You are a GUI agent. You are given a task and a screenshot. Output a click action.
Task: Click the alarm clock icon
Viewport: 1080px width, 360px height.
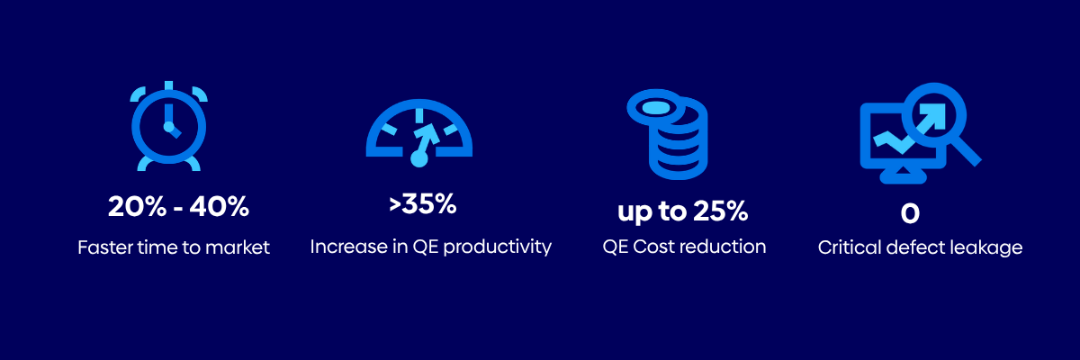169,126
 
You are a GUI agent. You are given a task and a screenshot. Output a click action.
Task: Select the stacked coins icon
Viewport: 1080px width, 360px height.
667,135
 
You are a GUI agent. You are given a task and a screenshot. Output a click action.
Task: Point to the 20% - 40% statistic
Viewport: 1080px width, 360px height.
178,207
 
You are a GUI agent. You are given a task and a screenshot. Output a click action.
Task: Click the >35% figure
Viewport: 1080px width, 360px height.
422,204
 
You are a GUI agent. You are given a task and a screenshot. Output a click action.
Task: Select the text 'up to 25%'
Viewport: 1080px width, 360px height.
683,211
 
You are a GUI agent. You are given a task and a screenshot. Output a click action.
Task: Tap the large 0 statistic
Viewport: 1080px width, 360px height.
910,213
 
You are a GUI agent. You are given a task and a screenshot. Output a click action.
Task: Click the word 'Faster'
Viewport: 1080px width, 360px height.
104,247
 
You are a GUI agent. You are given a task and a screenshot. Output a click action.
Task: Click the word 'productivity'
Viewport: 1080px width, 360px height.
497,247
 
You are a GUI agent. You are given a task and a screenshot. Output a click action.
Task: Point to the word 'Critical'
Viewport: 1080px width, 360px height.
849,247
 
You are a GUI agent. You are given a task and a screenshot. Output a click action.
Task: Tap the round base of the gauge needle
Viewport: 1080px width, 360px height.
419,158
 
